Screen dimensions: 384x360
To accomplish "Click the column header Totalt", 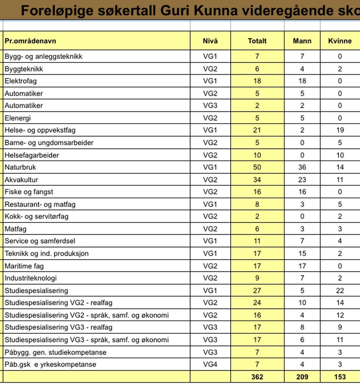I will tap(257, 41).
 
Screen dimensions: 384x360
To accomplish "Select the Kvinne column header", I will tap(340, 41).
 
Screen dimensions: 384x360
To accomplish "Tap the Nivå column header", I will tap(210, 41).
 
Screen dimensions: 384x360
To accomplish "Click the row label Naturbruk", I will tap(20, 167).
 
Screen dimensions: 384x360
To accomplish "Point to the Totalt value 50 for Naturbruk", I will tap(257, 167).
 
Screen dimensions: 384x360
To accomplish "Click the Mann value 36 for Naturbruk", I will tap(302, 167).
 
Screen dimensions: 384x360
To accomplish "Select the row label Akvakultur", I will tap(21, 180).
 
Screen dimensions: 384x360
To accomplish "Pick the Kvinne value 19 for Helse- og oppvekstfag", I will tap(340, 130).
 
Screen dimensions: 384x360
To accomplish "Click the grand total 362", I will tap(257, 377).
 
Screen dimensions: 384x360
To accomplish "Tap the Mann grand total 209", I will tap(302, 377).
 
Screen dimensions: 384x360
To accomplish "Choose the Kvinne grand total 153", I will tap(340, 377).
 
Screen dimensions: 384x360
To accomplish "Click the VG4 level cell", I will tap(210, 365).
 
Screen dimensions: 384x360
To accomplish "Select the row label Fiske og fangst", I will tap(29, 192).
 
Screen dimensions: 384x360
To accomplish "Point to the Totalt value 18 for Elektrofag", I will tap(257, 81).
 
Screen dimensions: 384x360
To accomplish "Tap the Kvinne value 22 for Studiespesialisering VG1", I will tap(340, 291).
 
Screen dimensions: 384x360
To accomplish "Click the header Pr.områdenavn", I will tap(30, 41).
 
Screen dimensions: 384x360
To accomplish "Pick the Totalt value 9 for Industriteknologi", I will tap(257, 278).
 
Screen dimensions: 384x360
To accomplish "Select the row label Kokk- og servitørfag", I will tap(36, 217).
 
